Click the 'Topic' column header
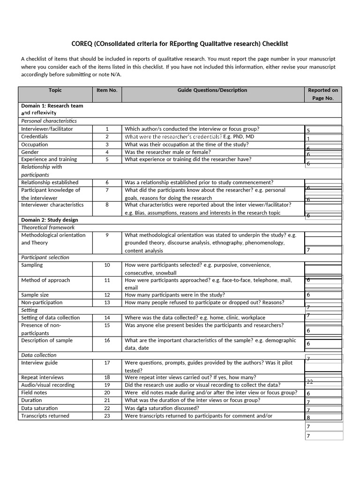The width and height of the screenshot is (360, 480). [55, 90]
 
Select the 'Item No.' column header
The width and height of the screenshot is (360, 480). [107, 90]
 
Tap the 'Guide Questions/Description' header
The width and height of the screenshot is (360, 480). [212, 90]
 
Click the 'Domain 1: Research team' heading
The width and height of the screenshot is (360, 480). [52, 106]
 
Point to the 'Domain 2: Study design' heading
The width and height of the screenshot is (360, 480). [50, 220]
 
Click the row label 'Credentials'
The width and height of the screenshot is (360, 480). [34, 137]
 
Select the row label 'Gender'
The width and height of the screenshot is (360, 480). [30, 152]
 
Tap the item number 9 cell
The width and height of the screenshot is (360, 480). [107, 235]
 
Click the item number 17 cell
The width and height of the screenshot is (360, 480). [107, 363]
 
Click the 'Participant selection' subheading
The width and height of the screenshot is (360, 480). [45, 257]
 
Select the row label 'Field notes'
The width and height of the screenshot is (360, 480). [34, 393]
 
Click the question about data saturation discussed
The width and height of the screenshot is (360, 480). [162, 408]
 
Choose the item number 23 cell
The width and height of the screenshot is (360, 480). [107, 416]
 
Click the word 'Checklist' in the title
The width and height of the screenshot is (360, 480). [275, 44]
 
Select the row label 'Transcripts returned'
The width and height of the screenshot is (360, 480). [45, 416]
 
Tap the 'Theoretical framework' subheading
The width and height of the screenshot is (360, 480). [48, 227]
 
